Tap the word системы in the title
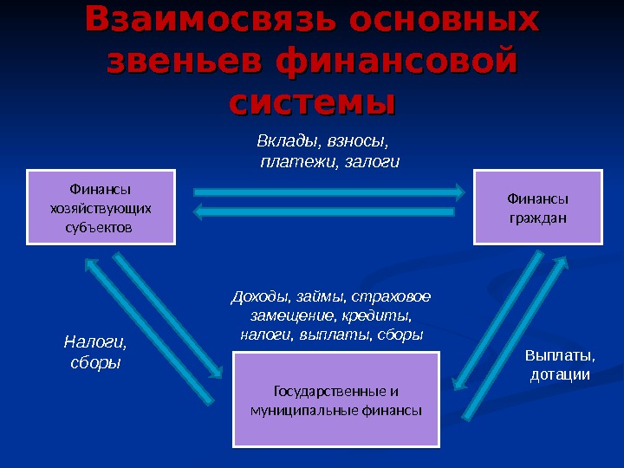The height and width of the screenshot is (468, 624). (312, 102)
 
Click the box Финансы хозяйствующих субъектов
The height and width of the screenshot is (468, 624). (101, 208)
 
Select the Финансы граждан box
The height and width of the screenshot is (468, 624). (536, 208)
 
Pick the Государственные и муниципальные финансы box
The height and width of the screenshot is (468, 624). (336, 400)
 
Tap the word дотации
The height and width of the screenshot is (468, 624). (560, 374)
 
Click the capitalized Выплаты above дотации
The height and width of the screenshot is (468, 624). (561, 356)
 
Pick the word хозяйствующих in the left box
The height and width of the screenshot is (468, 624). (101, 208)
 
